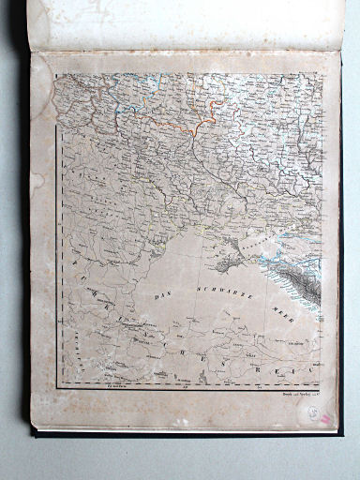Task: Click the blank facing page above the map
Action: [187, 23]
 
